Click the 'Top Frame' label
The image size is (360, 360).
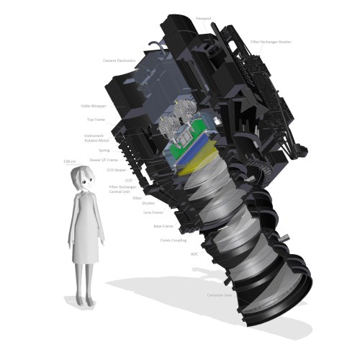[96, 120]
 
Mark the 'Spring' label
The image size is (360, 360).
[105, 150]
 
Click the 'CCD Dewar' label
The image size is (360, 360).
[116, 170]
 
